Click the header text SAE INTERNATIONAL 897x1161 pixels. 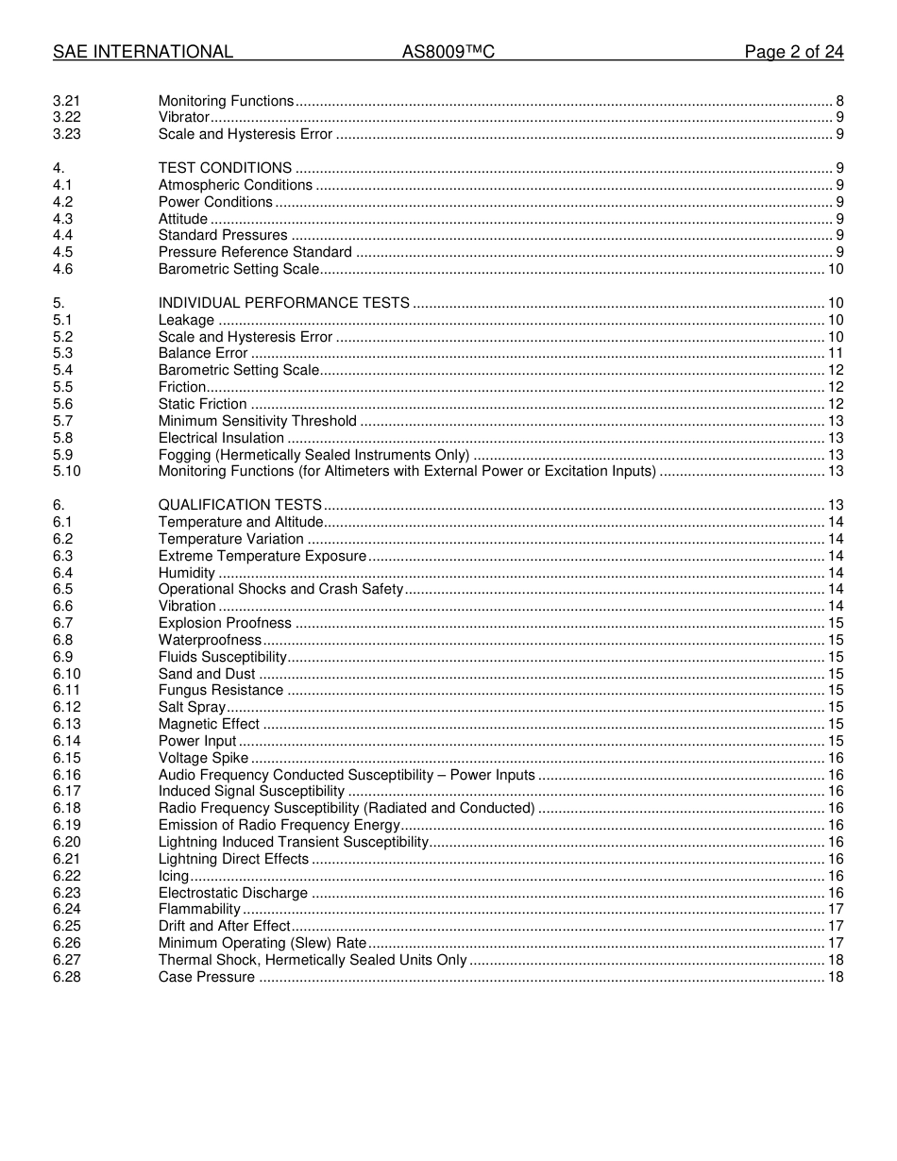point(143,52)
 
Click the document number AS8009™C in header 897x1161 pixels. point(448,52)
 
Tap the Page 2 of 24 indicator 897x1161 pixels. point(793,52)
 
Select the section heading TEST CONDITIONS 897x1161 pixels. point(225,168)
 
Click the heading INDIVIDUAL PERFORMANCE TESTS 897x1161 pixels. point(283,303)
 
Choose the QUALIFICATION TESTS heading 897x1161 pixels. point(240,505)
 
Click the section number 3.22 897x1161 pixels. point(66,117)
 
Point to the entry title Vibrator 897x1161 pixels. point(183,117)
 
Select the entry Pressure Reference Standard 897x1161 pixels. point(255,252)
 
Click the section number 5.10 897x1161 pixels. point(66,471)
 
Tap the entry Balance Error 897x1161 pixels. point(203,353)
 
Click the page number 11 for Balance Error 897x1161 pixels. point(835,353)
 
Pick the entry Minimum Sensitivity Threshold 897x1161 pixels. point(257,421)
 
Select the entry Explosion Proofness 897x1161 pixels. point(225,623)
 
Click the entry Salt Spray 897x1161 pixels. point(192,707)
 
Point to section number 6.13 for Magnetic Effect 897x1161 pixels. point(66,724)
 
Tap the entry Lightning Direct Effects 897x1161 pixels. point(233,859)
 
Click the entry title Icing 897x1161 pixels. point(174,876)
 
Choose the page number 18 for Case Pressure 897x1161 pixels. point(835,977)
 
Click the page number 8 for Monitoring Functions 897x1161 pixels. point(839,101)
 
